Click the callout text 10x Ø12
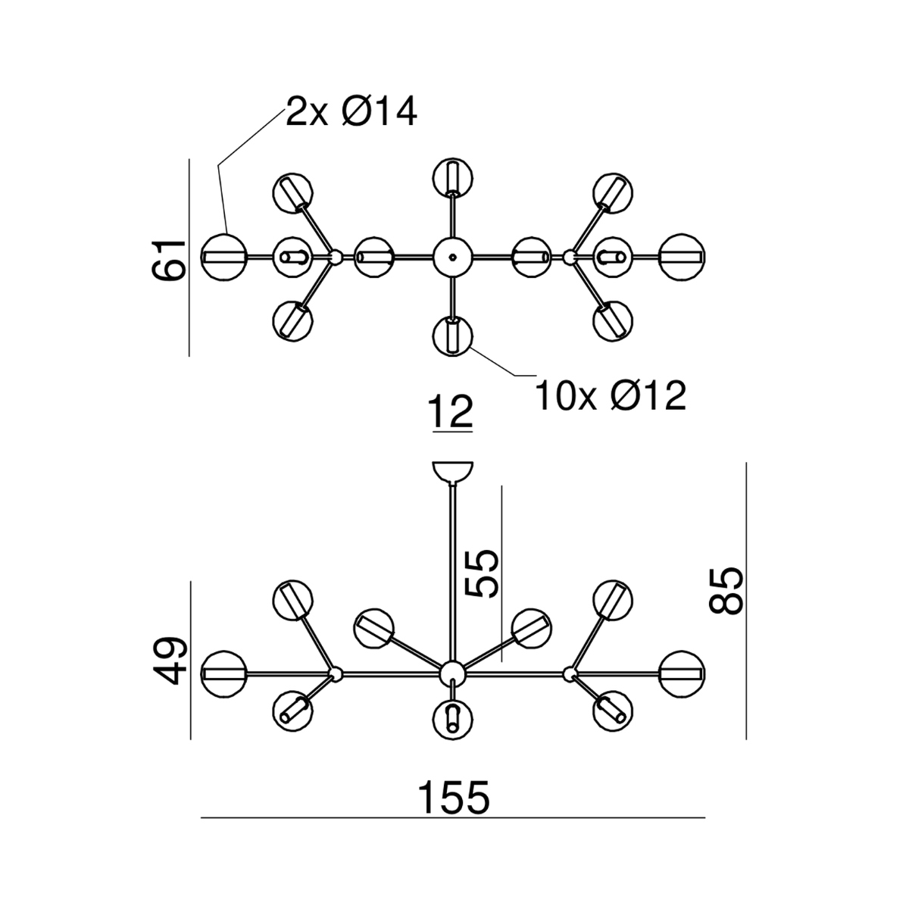(611, 395)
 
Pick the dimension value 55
(483, 573)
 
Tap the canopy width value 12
(451, 413)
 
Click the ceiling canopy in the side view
(452, 471)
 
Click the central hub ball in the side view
(452, 673)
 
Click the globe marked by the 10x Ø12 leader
(452, 335)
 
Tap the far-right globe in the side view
(683, 673)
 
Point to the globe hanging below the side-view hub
(452, 717)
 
